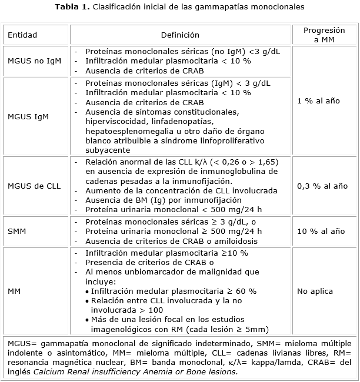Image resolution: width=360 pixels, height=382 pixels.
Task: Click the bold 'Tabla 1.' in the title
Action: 72,7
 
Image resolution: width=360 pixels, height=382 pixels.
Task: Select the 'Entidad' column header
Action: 22,35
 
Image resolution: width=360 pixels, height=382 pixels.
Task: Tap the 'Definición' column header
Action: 180,35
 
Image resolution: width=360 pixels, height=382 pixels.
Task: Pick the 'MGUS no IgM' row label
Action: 30,61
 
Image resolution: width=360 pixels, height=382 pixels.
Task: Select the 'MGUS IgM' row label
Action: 28,116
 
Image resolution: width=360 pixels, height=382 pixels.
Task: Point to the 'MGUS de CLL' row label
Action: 34,186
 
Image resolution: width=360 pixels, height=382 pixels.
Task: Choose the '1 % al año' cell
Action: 318,101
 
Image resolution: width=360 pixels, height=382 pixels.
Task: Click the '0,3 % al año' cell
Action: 322,186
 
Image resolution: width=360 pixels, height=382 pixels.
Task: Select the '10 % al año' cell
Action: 321,232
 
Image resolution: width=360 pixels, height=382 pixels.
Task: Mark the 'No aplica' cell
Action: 315,291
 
